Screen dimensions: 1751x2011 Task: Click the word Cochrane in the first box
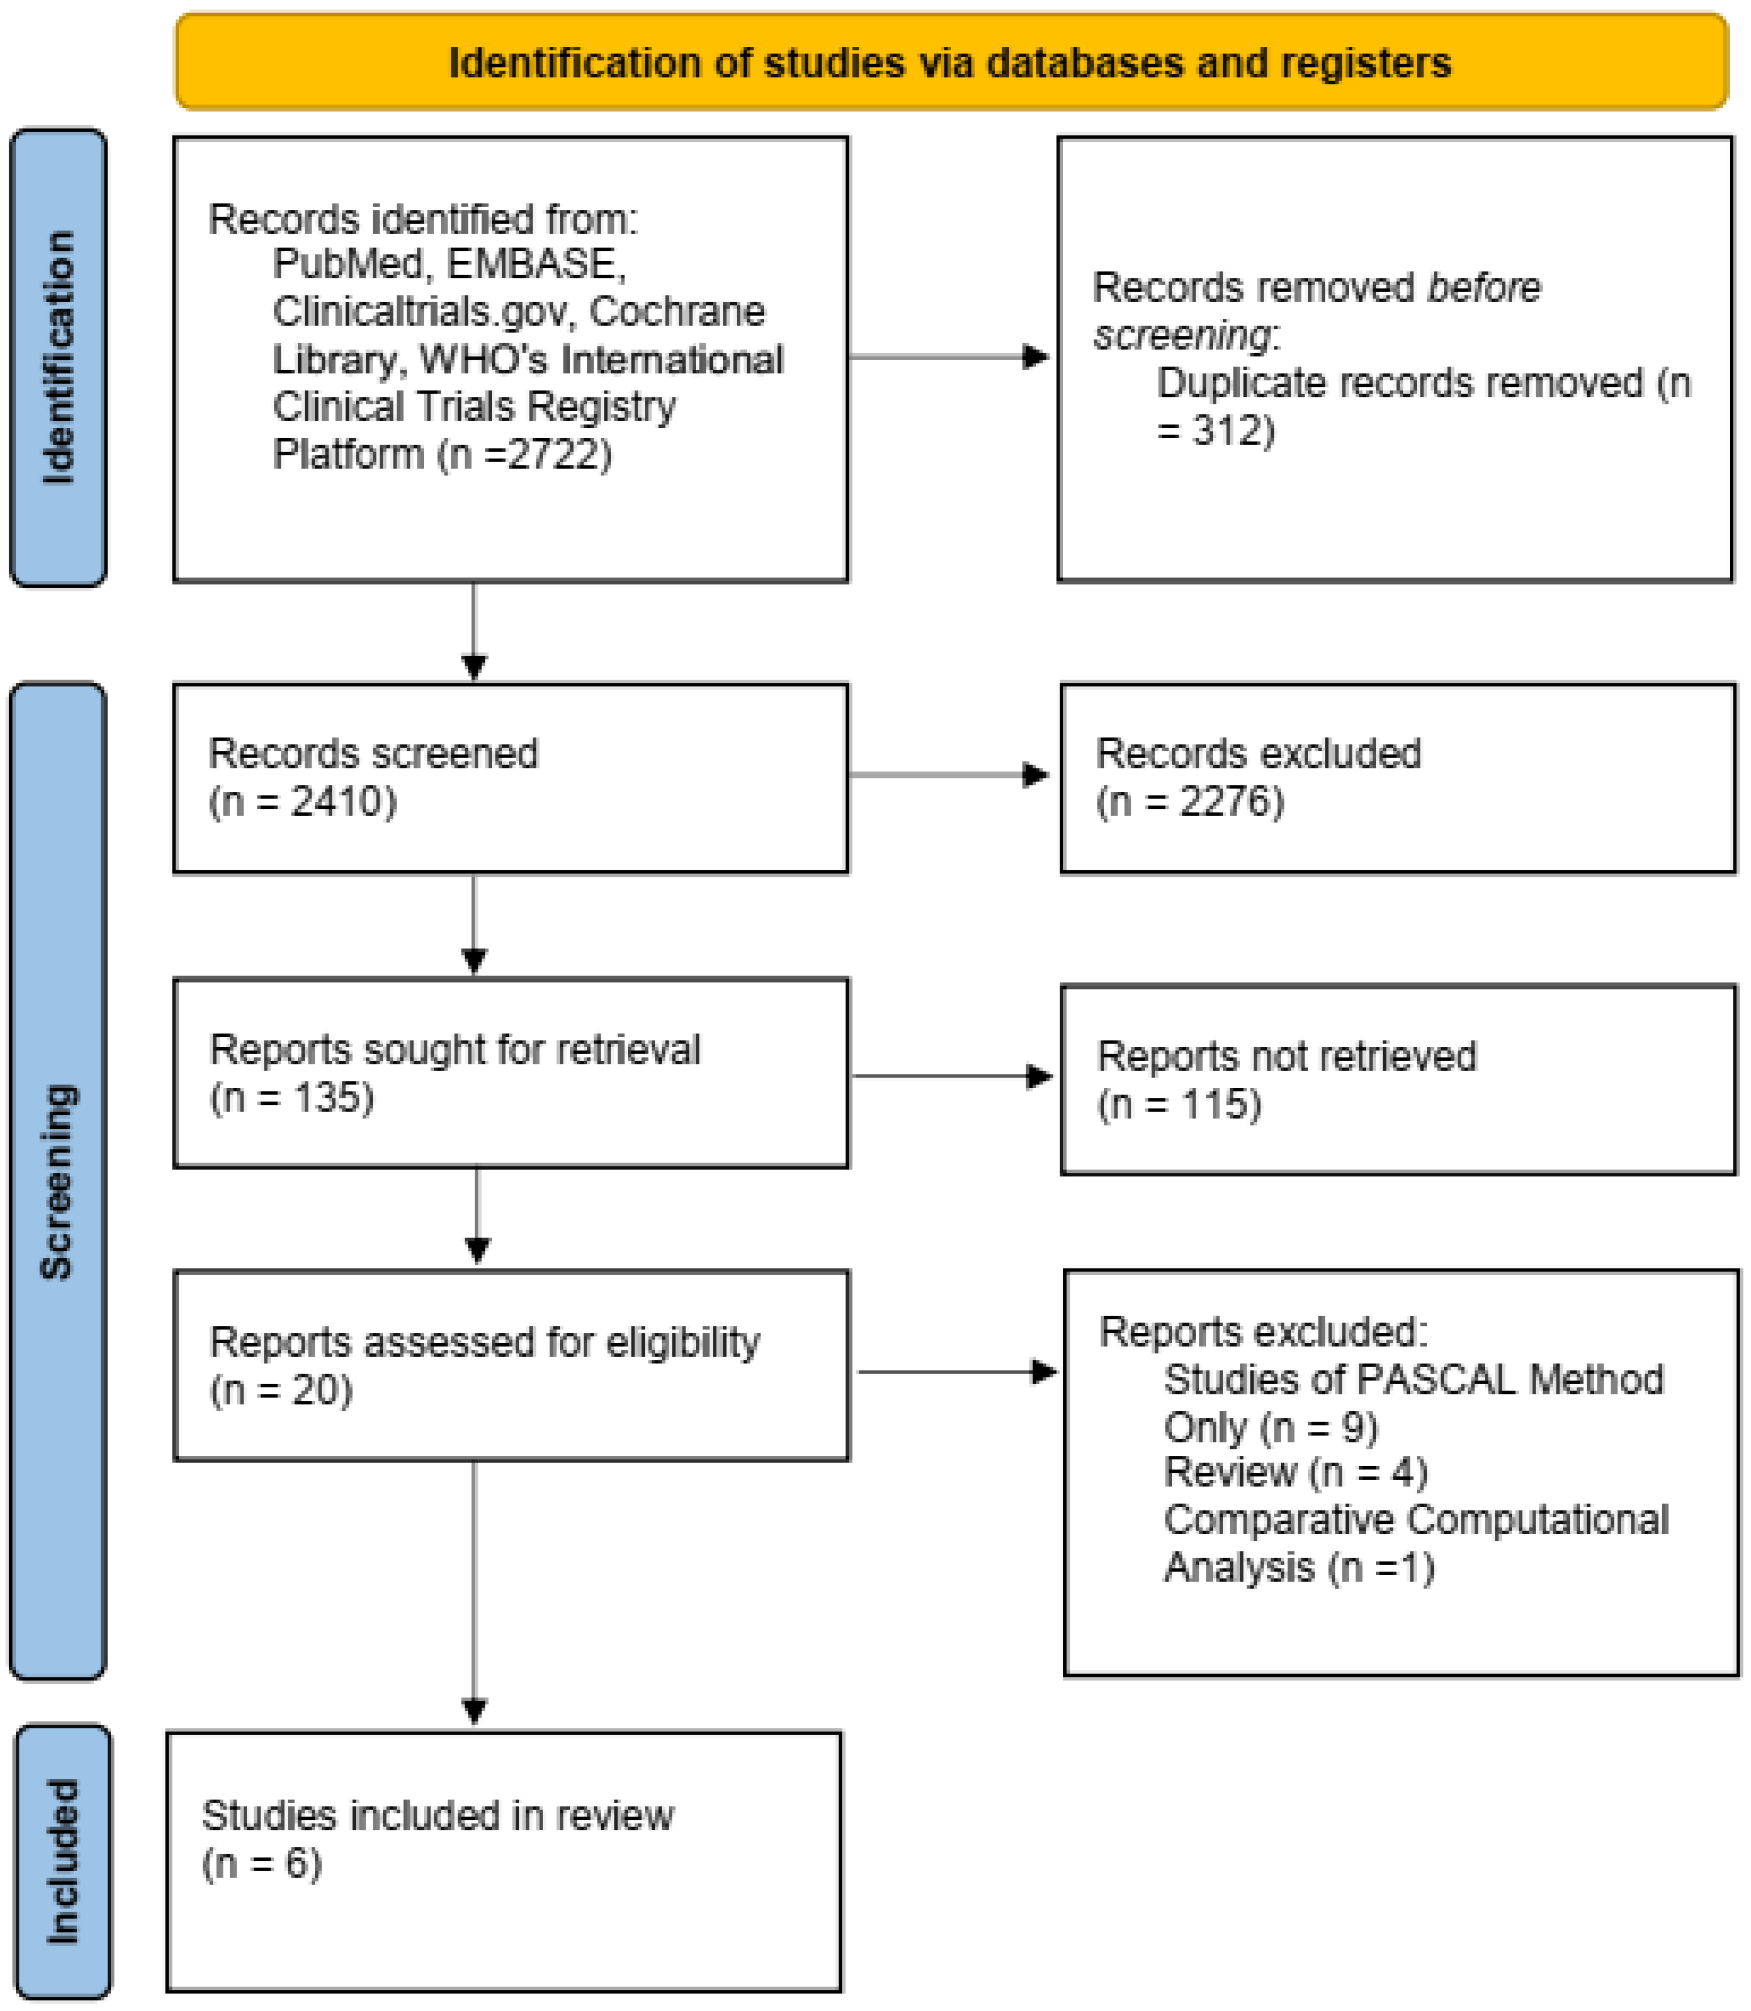677,312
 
